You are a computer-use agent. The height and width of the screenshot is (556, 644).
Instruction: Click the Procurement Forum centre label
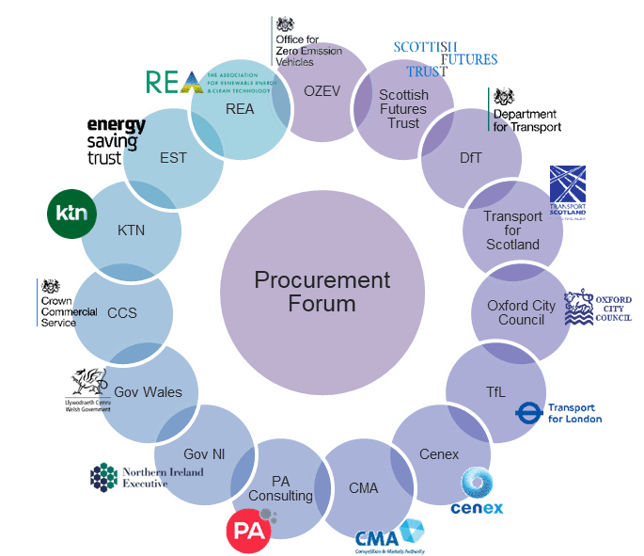click(x=322, y=292)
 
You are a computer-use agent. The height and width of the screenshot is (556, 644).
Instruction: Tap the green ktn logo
click(x=72, y=214)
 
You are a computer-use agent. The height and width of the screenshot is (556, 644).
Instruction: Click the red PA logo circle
click(x=249, y=528)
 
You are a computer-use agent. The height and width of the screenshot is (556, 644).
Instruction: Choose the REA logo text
click(x=175, y=82)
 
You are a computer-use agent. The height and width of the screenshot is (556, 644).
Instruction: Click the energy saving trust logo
click(x=116, y=140)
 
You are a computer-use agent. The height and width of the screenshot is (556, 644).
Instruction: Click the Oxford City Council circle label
click(x=521, y=312)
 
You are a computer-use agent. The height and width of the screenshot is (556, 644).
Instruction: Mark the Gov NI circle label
click(x=204, y=453)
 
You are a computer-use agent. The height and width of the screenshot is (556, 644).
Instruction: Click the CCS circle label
click(x=122, y=312)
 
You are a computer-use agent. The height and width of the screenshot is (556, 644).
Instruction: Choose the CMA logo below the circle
click(x=389, y=535)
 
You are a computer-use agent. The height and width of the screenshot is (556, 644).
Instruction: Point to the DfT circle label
click(x=470, y=158)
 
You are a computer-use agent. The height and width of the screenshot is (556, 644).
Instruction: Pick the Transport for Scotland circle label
click(x=512, y=230)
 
